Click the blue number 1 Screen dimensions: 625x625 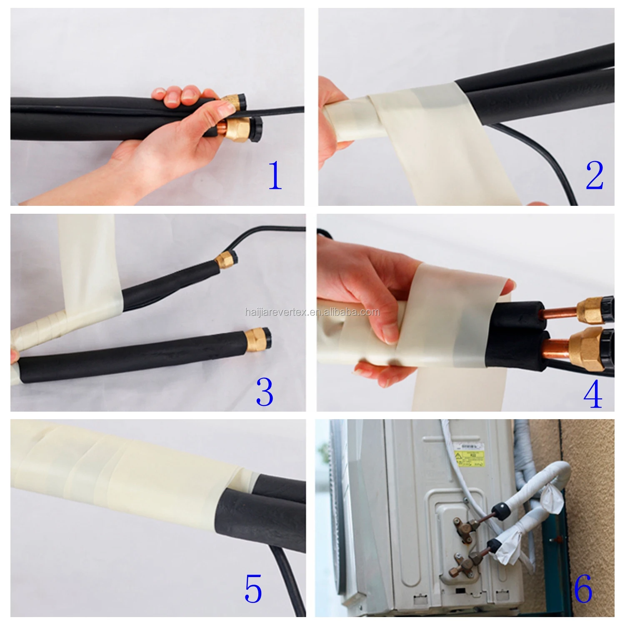tap(275, 176)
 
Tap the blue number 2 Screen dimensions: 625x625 tap(595, 176)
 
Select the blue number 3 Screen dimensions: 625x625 tap(265, 392)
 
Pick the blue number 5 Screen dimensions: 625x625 tap(253, 588)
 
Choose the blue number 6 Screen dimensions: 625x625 tap(583, 588)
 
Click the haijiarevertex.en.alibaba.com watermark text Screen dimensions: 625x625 tap(312, 312)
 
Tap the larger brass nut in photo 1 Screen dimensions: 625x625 tap(235, 129)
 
